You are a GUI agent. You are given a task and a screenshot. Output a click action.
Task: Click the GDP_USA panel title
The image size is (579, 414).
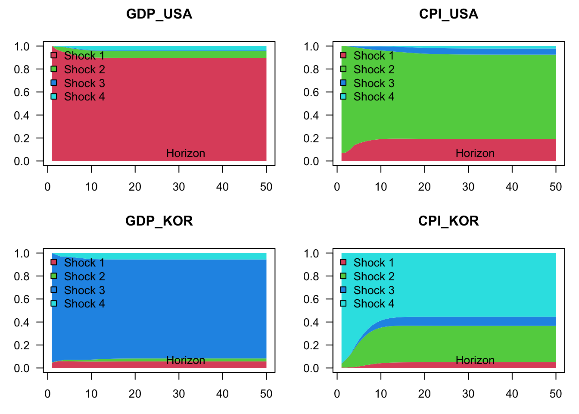(159, 14)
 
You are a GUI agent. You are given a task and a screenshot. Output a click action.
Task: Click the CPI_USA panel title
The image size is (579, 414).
(448, 14)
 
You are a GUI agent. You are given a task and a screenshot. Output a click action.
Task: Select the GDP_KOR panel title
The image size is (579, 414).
(159, 221)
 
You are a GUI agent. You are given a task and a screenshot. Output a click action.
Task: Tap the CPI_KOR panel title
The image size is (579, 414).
(448, 221)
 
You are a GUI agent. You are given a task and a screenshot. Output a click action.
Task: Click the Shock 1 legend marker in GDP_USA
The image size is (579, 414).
(54, 55)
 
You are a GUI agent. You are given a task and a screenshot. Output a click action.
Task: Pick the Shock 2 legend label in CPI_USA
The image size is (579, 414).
(374, 69)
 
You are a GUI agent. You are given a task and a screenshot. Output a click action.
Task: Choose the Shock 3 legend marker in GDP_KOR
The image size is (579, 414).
(54, 290)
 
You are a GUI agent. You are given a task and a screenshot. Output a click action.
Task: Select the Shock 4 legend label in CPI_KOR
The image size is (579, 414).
(374, 304)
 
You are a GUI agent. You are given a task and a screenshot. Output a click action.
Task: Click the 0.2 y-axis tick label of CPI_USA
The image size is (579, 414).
(311, 138)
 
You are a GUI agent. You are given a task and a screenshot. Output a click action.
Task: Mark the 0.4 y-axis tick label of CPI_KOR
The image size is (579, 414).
(311, 322)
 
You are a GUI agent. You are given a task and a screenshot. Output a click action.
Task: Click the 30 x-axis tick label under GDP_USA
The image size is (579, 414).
(179, 187)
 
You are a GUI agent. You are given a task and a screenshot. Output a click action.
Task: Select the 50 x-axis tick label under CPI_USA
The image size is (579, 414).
(556, 187)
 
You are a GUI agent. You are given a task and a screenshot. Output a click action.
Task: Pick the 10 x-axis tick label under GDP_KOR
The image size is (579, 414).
(91, 394)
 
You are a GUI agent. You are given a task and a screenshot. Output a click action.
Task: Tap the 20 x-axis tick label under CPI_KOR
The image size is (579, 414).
(424, 394)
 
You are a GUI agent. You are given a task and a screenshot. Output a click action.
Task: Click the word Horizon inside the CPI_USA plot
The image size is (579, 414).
(475, 153)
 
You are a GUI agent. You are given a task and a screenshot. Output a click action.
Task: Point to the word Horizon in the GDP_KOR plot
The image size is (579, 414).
(185, 360)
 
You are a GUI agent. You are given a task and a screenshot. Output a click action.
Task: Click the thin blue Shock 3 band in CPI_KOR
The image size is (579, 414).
(474, 321)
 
